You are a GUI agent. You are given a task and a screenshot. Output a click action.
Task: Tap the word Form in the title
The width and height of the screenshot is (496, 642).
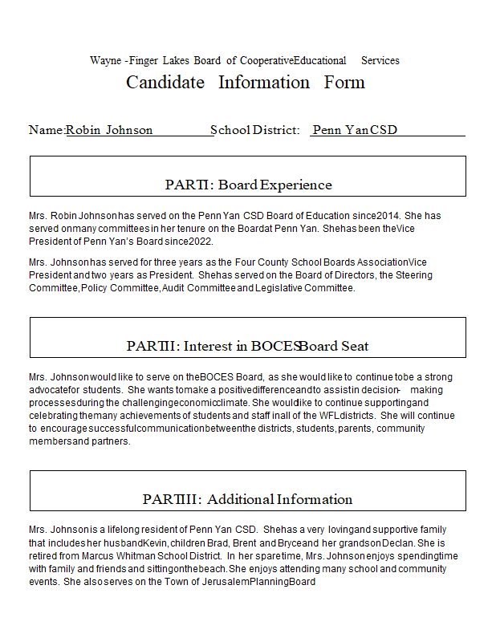tap(344, 83)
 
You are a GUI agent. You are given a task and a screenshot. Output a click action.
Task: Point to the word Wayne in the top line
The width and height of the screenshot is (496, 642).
tap(106, 61)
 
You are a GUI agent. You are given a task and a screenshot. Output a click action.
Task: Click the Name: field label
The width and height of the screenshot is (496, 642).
tap(46, 130)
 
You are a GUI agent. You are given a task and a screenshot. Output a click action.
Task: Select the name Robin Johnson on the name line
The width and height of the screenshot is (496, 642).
tap(109, 130)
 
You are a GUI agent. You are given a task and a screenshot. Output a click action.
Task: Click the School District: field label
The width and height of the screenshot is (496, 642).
tap(254, 130)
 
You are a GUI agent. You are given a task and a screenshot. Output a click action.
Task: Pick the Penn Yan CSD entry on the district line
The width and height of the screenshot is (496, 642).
tap(355, 130)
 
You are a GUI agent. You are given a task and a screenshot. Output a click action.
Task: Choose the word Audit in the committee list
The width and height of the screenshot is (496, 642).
tap(174, 288)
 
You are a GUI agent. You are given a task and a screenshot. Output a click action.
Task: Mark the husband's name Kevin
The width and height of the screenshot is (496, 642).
tap(156, 542)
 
